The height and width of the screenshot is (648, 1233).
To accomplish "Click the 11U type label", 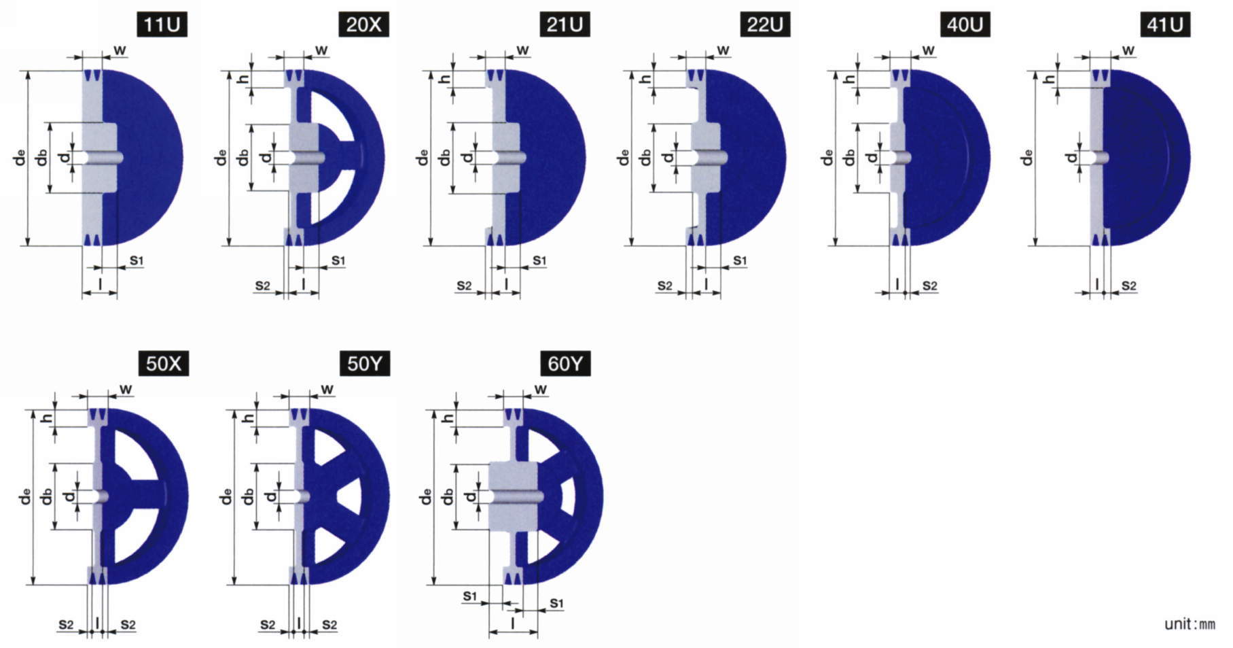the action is pos(162,25).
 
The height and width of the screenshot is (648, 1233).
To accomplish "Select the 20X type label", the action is pos(363,25).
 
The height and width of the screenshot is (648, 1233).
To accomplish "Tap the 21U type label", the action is pos(565,25).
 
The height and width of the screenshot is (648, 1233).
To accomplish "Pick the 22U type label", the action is pos(765,25).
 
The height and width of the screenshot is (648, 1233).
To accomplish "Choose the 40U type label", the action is pos(965,25).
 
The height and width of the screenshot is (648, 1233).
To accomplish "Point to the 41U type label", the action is pos(1165,25).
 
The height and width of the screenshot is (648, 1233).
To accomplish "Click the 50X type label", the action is pos(164,364).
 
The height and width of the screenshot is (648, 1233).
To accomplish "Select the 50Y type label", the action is pos(365,364).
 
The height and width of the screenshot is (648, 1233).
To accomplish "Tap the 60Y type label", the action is pos(565,364).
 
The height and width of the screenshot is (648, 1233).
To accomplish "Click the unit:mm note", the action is pos(1190,624).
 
